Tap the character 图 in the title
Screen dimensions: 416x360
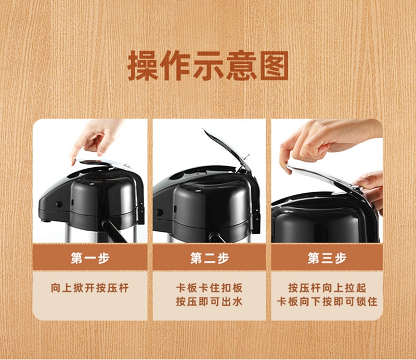[x=274, y=65]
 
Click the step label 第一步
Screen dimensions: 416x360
[x=90, y=258]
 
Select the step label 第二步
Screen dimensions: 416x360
[x=210, y=258]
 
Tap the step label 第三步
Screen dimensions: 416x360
[x=327, y=258]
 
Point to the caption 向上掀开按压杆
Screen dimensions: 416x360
[x=90, y=288]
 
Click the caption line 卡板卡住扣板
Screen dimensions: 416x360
[x=210, y=288]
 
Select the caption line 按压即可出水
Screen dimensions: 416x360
[x=210, y=302]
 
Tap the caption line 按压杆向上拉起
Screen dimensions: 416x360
[x=327, y=288]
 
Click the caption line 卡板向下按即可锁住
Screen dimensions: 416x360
[x=327, y=302]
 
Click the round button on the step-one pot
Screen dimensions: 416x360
[x=58, y=204]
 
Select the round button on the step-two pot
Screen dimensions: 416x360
[x=159, y=212]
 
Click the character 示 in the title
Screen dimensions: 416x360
[x=209, y=65]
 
